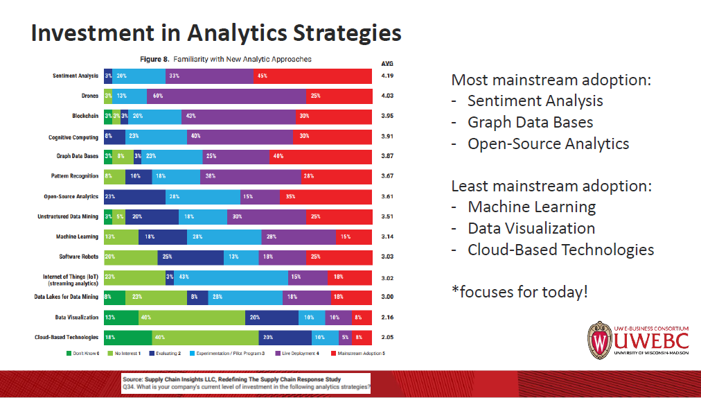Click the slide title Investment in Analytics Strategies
tap(216, 33)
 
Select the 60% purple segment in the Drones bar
tap(226, 96)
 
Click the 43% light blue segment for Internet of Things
tap(231, 277)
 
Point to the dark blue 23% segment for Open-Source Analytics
tap(134, 197)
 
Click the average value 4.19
tap(387, 76)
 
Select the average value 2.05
tap(387, 338)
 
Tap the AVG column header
tap(387, 63)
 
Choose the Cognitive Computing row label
tap(73, 137)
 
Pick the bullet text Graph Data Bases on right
tap(530, 122)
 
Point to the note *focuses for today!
tap(520, 291)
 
